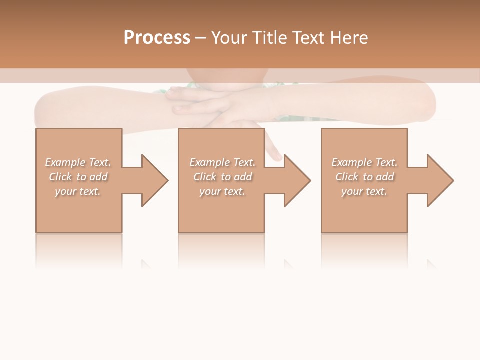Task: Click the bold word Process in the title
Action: coord(157,38)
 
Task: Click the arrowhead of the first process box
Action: coord(153,180)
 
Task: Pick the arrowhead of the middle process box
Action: coord(296,180)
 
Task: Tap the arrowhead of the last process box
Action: coord(439,180)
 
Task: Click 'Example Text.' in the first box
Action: coord(78,162)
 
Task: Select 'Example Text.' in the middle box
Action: coord(222,162)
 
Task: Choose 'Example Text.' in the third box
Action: coord(364,162)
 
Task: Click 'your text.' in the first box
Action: coord(78,191)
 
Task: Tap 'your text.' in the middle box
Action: coord(222,191)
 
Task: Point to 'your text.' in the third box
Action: coord(364,191)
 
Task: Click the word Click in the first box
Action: coord(60,177)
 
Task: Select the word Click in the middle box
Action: coord(205,177)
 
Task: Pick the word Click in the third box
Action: coord(347,177)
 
